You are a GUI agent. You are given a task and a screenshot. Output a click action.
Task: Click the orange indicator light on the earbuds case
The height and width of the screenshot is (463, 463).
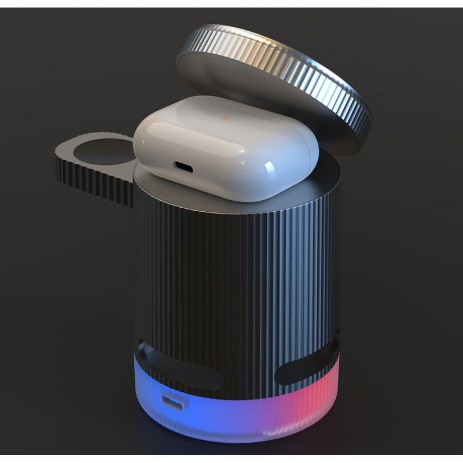tap(226, 117)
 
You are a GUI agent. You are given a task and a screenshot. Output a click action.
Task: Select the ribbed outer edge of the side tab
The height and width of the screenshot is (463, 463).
tap(87, 174)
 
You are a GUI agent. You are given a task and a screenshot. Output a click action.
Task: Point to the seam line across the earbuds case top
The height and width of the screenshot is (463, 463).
tap(231, 128)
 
